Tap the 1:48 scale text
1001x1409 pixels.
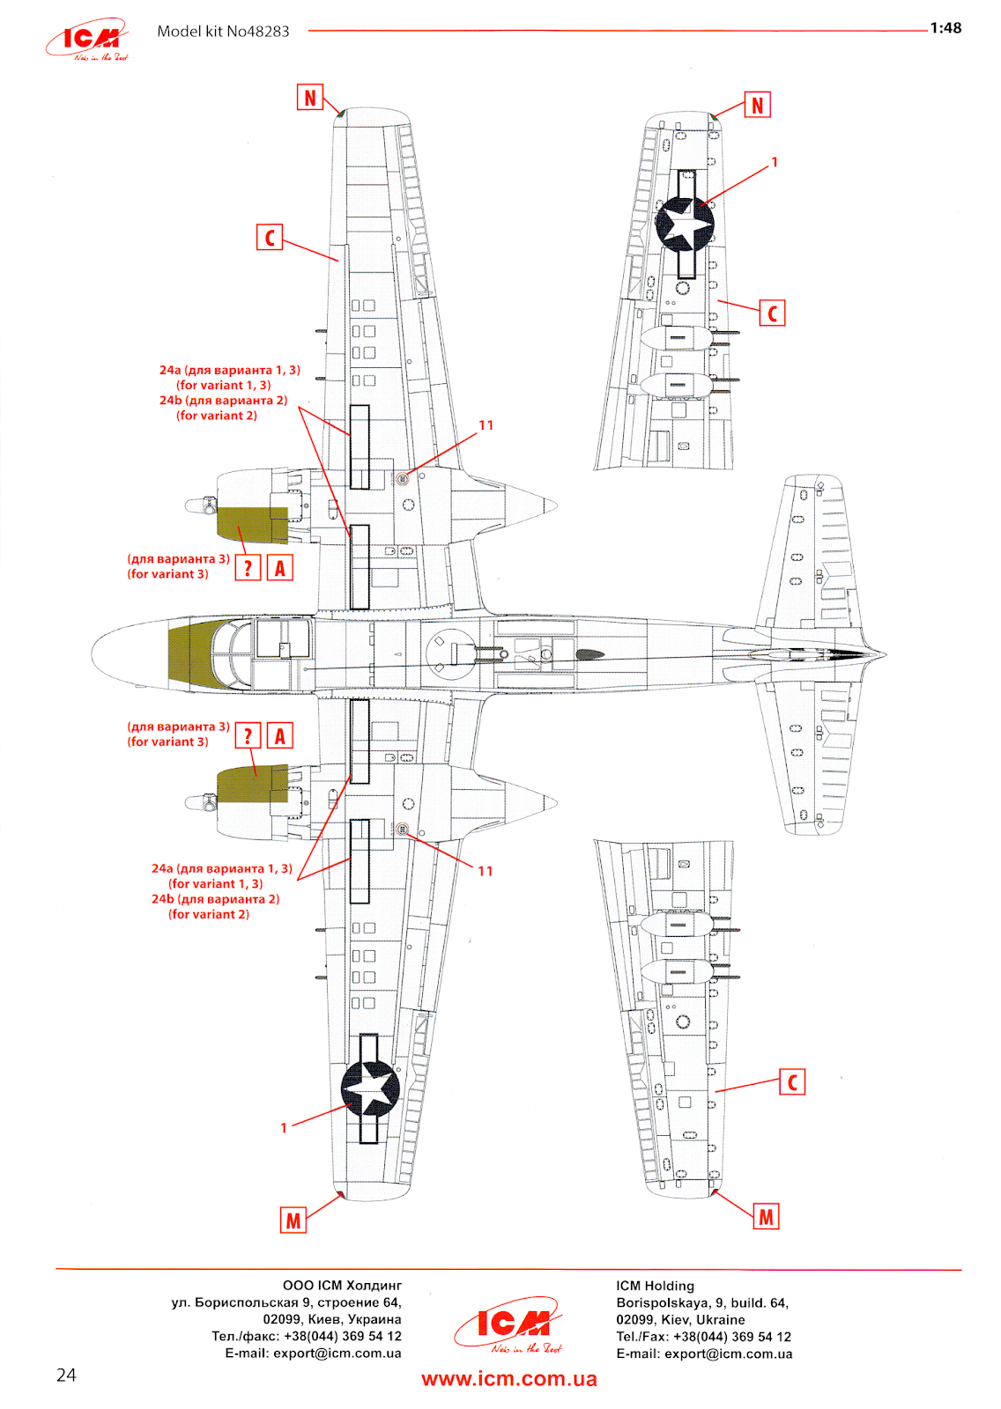[x=945, y=28]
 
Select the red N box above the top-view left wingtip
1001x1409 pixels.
[x=310, y=98]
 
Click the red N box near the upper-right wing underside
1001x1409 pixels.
[x=758, y=106]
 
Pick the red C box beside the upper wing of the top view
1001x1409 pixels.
[x=270, y=238]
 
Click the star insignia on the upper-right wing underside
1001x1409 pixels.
[x=685, y=225]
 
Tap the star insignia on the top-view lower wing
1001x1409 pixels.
[x=370, y=1088]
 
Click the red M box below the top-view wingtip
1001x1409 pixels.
[x=293, y=1221]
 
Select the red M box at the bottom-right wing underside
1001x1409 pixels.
[x=767, y=1217]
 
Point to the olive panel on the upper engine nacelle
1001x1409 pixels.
[x=252, y=524]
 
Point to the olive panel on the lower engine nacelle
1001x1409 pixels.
[x=252, y=784]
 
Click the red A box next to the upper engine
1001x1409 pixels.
[x=280, y=569]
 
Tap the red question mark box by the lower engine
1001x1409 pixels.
[x=248, y=736]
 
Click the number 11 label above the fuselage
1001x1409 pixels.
[x=486, y=425]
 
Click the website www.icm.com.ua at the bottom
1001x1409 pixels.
[x=509, y=1379]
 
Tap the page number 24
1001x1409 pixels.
[x=66, y=1376]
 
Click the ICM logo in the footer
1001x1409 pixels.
[x=508, y=1324]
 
